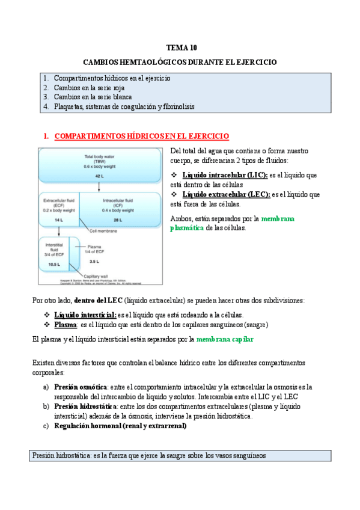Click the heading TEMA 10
pos(181,47)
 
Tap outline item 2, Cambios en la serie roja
pos(89,87)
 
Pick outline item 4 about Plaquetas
pos(124,106)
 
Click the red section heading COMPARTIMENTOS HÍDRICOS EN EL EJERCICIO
pos(141,137)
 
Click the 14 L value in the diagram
pos(58,221)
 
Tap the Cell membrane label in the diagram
pos(103,230)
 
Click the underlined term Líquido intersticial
pos(85,315)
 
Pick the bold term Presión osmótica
pos(81,387)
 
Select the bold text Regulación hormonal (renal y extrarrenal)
pos(120,426)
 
